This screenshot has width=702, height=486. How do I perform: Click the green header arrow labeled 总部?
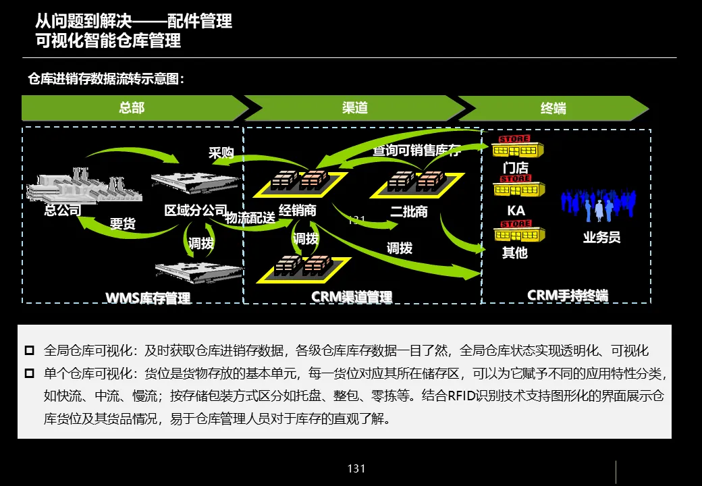click(132, 108)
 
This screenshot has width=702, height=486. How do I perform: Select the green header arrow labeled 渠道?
click(355, 108)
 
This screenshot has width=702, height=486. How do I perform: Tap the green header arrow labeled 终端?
click(553, 108)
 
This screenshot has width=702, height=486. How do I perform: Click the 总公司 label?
click(63, 210)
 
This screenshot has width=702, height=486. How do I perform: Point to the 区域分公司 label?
click(196, 210)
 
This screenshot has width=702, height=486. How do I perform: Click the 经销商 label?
click(298, 211)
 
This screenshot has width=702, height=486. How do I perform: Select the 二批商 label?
click(409, 211)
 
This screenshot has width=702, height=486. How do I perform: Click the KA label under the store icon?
click(516, 211)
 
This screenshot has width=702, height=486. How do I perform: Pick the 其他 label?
click(514, 253)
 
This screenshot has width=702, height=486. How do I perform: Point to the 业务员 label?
click(601, 237)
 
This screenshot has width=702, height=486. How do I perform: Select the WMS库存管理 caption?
click(148, 298)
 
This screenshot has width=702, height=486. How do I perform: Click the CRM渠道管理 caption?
click(352, 297)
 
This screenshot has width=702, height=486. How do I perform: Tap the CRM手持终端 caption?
click(568, 296)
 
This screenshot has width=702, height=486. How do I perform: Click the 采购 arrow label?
click(221, 153)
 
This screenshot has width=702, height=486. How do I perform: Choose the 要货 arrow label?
click(123, 223)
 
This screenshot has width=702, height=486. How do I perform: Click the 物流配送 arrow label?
click(250, 218)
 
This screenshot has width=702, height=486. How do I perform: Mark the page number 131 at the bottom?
click(356, 468)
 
